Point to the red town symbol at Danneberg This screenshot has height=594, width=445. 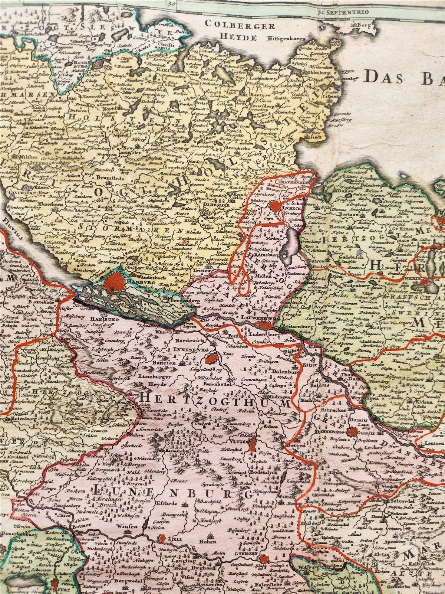point(351,432)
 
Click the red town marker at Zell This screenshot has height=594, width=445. point(162,537)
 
